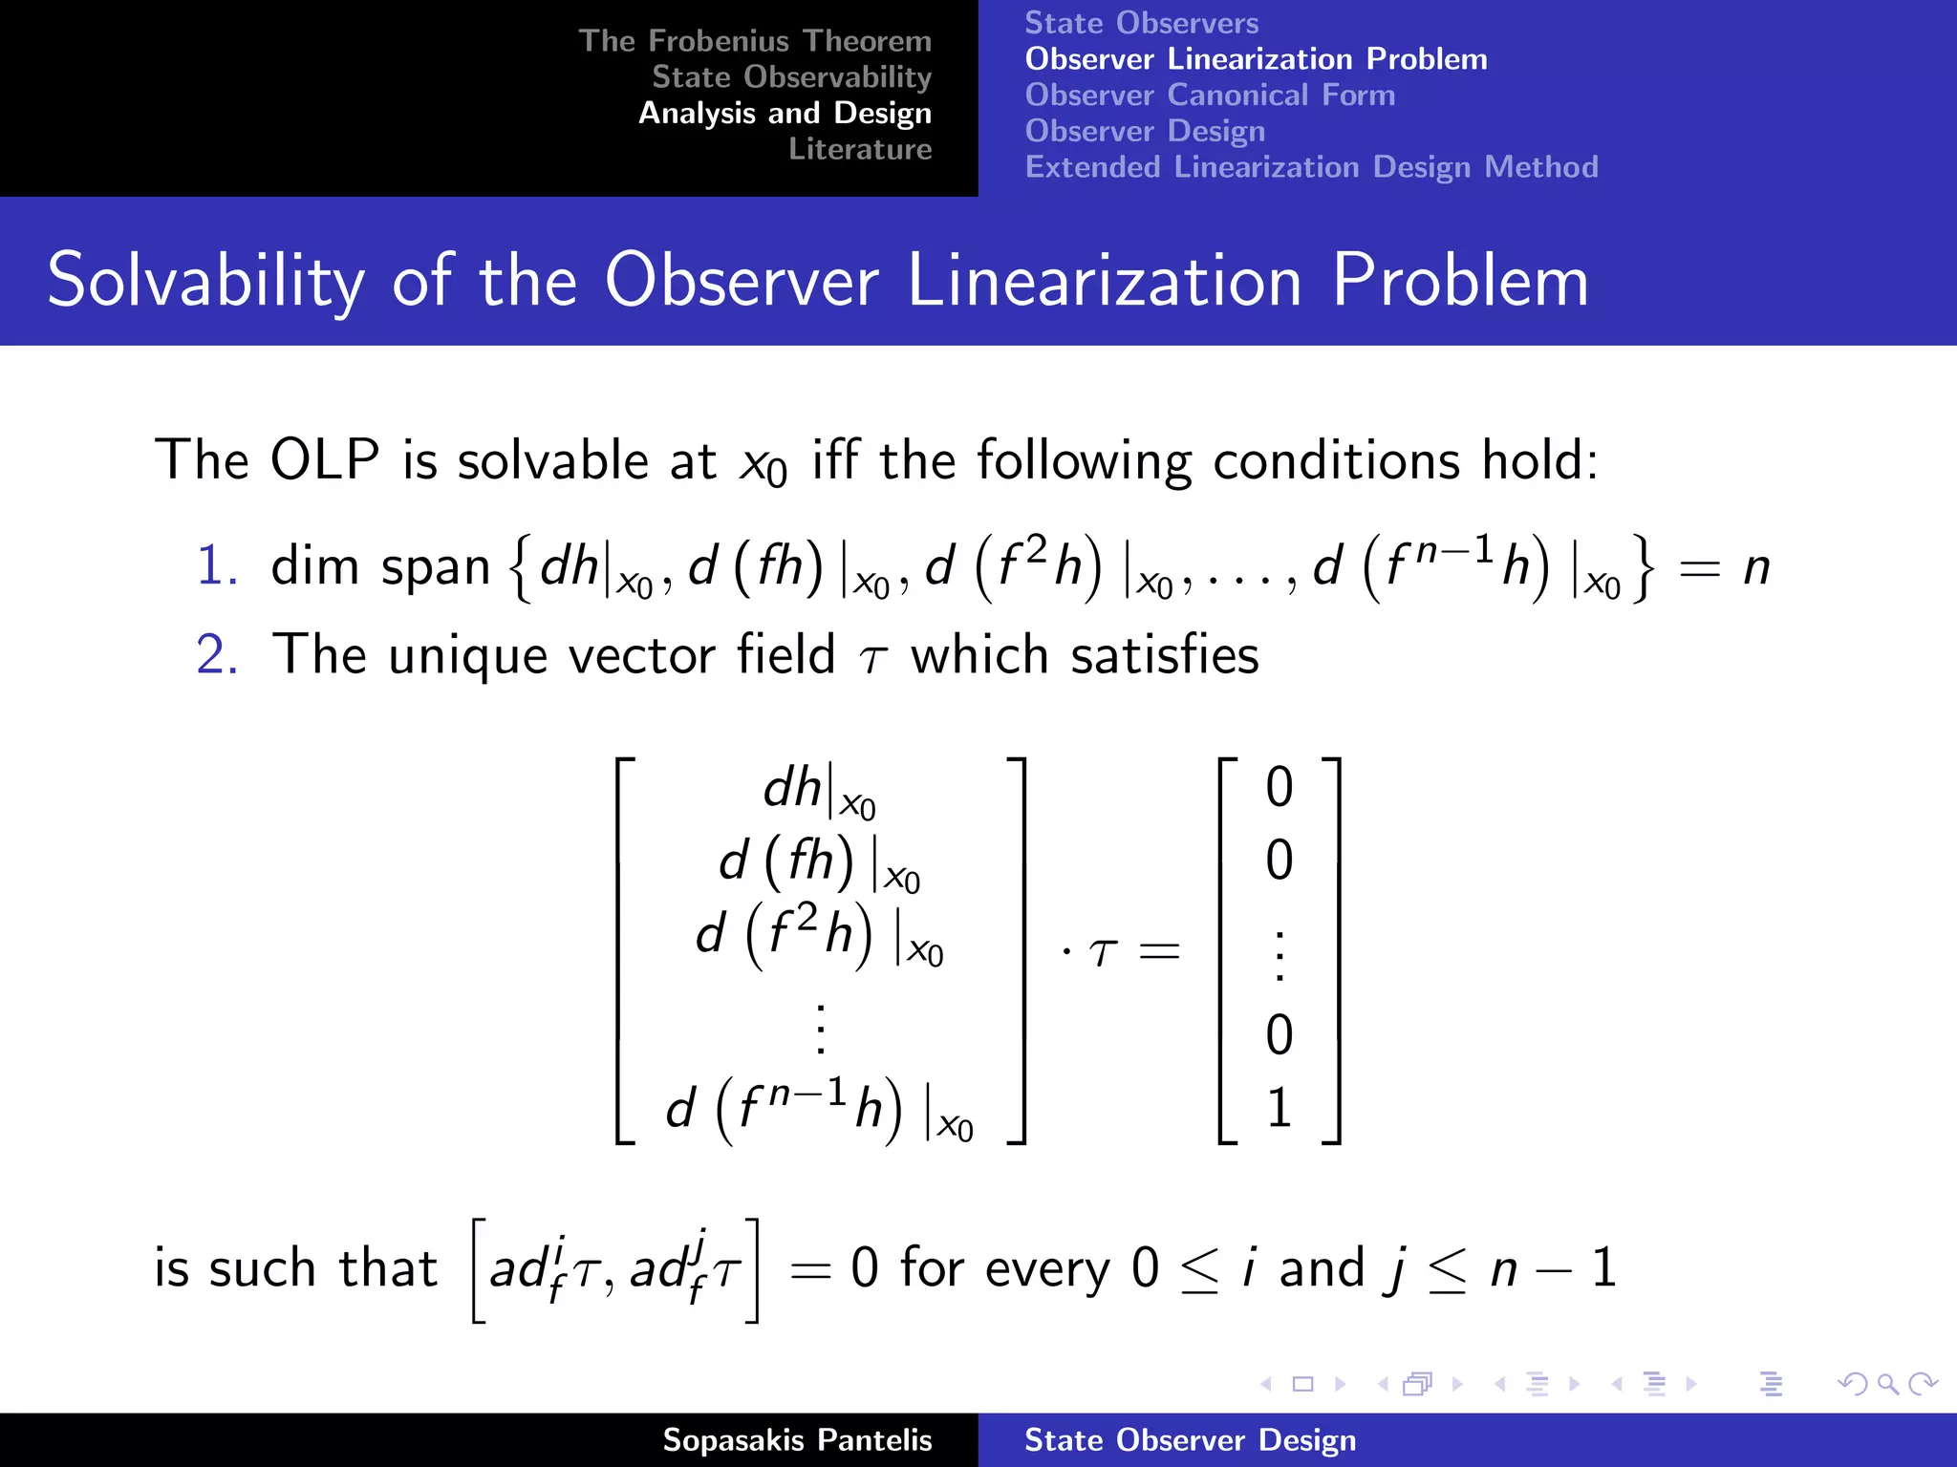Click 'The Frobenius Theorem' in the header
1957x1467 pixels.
754,41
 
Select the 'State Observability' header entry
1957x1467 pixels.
791,76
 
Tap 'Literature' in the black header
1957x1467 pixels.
859,149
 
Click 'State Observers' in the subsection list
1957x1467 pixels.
1141,23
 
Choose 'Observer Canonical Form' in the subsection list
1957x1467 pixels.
1210,96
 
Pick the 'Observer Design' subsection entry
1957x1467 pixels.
1145,131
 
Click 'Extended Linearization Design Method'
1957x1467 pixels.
1311,167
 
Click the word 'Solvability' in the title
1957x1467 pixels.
205,281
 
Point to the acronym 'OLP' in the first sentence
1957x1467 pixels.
325,460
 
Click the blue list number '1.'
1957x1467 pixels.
217,565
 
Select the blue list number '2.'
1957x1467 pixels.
217,655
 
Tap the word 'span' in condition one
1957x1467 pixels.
435,567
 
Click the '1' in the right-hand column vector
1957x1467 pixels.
1279,1108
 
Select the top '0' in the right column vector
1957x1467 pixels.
1279,787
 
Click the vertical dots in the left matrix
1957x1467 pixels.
820,1029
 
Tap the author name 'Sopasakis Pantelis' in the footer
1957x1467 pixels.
797,1440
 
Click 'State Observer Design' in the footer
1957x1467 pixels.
1190,1440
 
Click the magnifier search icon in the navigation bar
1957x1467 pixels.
1887,1384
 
